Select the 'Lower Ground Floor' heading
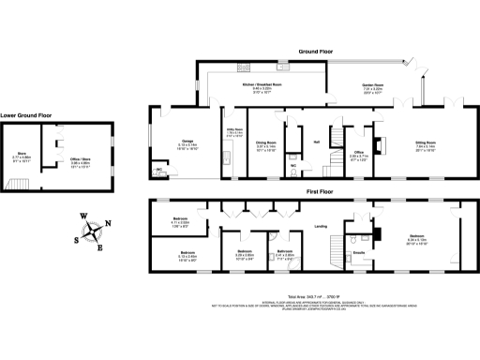point(26,115)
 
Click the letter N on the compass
point(110,222)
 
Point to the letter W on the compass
point(83,217)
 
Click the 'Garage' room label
point(161,142)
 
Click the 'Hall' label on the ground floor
point(317,142)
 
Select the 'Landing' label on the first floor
point(320,226)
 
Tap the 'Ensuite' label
point(358,251)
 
